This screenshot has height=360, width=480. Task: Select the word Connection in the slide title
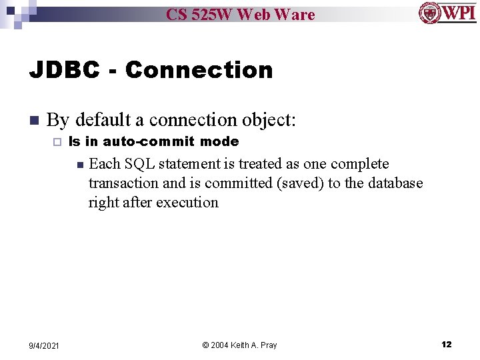pyautogui.click(x=199, y=69)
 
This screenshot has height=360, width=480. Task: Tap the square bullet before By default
pyautogui.click(x=34, y=121)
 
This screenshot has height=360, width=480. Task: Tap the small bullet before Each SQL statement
pyautogui.click(x=79, y=164)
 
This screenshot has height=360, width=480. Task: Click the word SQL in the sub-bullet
pyautogui.click(x=139, y=163)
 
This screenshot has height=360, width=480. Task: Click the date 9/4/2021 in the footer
pyautogui.click(x=43, y=345)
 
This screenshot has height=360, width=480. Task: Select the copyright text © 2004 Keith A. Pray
pyautogui.click(x=239, y=345)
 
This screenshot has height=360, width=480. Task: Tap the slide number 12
pyautogui.click(x=446, y=345)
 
